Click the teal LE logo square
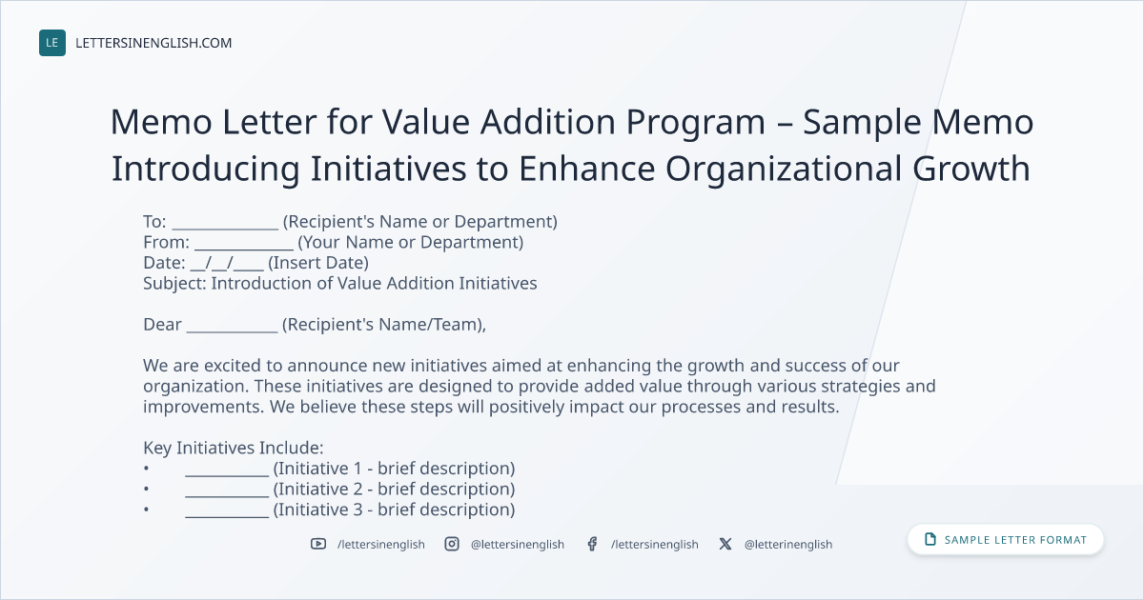(x=52, y=43)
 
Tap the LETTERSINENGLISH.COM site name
(x=153, y=43)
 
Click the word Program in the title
(x=696, y=124)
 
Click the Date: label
(x=164, y=263)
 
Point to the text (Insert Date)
(x=318, y=263)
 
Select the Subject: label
(x=174, y=284)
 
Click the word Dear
(x=162, y=325)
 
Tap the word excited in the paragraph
(x=243, y=366)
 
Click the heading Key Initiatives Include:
(x=234, y=448)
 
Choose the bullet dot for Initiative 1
(x=146, y=469)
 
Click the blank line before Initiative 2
(x=227, y=495)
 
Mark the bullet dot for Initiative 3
(x=146, y=510)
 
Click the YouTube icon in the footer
(x=318, y=544)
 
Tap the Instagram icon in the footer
(x=452, y=544)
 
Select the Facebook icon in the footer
(x=592, y=544)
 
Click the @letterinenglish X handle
(x=788, y=545)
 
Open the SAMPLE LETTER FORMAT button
(x=1006, y=540)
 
